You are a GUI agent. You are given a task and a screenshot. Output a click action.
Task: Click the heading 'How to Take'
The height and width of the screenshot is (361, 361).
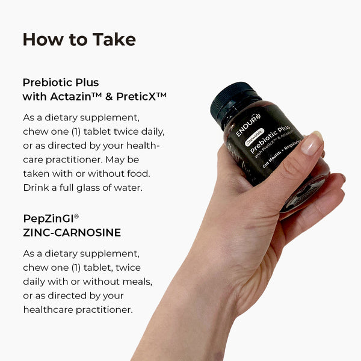[79, 40]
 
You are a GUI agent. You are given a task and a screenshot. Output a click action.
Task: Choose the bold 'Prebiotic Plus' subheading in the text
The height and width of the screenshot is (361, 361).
[61, 82]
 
